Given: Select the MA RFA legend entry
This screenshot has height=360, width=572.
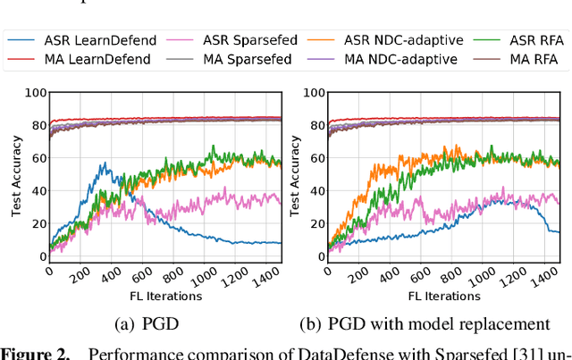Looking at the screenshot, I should tap(509, 59).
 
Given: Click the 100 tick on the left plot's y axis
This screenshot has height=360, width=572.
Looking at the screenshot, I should tap(35, 93).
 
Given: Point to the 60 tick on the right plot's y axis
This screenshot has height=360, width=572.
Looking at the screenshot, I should tap(316, 158).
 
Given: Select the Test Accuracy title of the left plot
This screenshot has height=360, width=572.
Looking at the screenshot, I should tap(16, 175).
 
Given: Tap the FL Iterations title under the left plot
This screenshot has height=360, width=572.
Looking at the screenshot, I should tap(164, 296).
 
